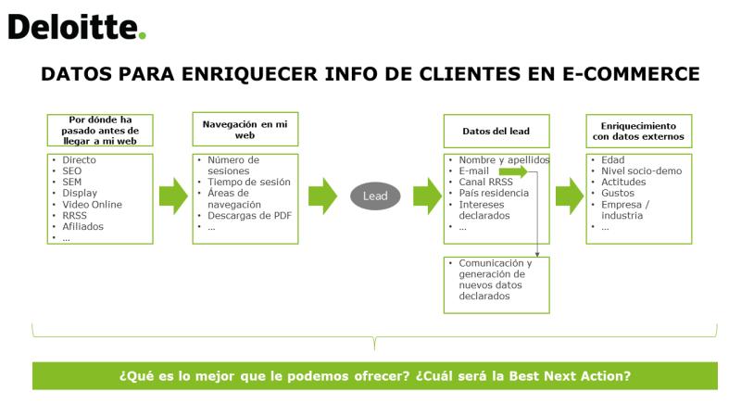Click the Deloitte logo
pos(77,27)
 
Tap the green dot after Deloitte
pos(143,35)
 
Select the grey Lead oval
pos(375,196)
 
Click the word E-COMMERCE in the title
pos(631,74)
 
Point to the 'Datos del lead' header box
pos(496,131)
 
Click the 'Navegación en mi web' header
pos(245,129)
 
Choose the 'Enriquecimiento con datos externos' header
pos(639,131)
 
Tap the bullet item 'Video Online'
pos(92,204)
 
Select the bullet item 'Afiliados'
pos(82,226)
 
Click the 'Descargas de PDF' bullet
pos(249,216)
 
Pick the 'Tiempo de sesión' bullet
pos(249,182)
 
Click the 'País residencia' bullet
pos(494,193)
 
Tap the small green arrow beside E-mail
pos(513,171)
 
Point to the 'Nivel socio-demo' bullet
pos(641,171)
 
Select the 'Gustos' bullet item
pos(618,193)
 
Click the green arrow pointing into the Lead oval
pos(322,196)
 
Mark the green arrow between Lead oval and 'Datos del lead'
pos(428,196)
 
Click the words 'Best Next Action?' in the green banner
pos(570,376)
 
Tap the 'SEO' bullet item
pos(72,171)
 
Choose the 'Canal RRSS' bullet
pos(485,182)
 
